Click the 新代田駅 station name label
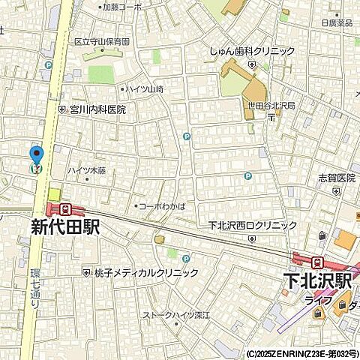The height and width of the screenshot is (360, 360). point(65,227)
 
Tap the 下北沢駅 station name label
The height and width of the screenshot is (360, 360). point(317,280)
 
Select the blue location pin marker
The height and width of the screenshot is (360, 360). point(36,158)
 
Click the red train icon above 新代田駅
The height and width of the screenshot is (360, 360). point(66,209)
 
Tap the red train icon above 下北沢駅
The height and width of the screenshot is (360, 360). point(317,262)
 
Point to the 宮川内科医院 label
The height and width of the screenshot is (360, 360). point(97,109)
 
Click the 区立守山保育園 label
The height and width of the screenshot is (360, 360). point(101,43)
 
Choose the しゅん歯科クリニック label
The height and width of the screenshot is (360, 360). point(252,52)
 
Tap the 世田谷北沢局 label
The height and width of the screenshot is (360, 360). point(271,106)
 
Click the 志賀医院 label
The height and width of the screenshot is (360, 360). point(336,178)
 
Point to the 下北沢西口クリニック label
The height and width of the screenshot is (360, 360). point(252,225)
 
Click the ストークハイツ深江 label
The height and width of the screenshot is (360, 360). point(179,316)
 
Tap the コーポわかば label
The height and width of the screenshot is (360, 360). point(162,205)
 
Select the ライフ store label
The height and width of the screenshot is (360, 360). point(313,301)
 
